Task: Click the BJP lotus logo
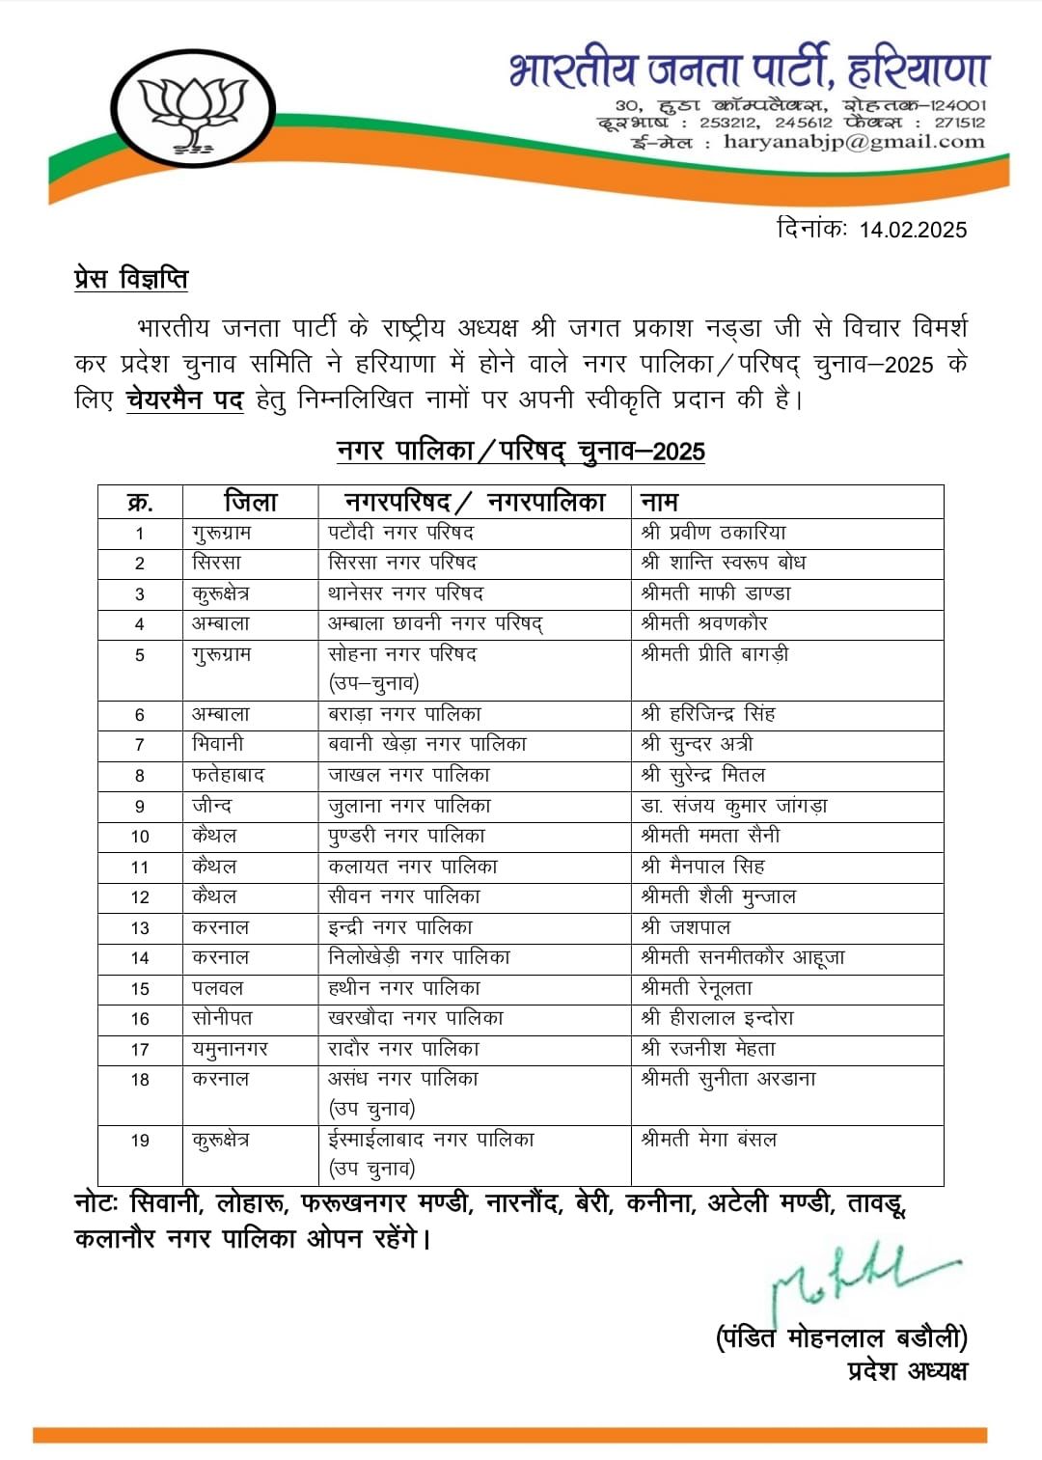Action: click(x=194, y=109)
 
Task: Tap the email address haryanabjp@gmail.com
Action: click(x=853, y=142)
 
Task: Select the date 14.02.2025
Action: click(x=912, y=229)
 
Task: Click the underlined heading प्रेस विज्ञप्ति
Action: click(x=131, y=279)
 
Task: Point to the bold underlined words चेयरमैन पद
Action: click(x=184, y=399)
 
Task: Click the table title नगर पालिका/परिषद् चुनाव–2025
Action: click(x=520, y=451)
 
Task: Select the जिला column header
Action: click(x=250, y=502)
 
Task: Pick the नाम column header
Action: click(x=660, y=502)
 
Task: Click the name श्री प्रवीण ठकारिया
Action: click(x=713, y=533)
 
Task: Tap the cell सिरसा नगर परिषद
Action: click(x=402, y=563)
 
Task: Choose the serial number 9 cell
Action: click(x=140, y=806)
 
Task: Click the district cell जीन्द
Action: click(x=212, y=806)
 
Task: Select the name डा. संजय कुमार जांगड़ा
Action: click(x=734, y=806)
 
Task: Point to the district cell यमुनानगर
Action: click(x=230, y=1049)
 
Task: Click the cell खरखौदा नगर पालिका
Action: click(x=415, y=1018)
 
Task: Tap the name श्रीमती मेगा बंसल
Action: click(x=708, y=1140)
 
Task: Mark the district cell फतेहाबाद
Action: click(x=228, y=775)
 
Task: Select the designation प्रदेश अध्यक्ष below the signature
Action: click(x=906, y=1370)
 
